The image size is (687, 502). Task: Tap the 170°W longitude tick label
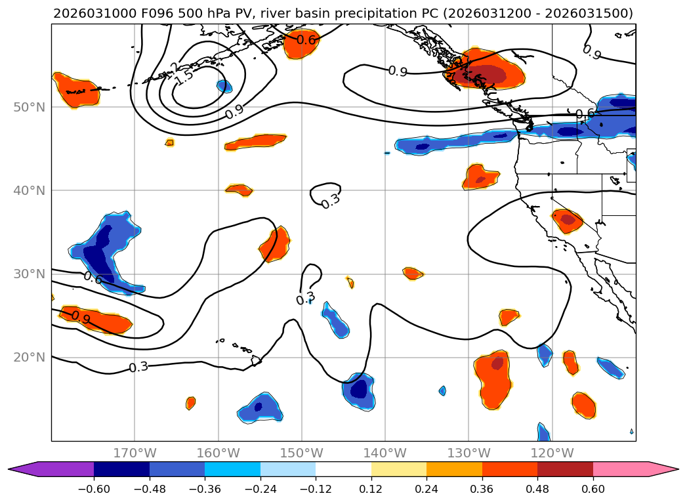135,453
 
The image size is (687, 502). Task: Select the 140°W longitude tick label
385,453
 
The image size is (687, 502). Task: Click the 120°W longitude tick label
552,453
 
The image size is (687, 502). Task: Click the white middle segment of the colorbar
343,469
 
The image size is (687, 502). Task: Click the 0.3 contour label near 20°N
138,367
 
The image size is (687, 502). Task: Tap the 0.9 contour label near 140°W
398,71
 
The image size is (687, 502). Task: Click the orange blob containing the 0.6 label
303,43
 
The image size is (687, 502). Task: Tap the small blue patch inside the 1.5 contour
224,86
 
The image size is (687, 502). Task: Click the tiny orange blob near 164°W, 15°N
190,403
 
